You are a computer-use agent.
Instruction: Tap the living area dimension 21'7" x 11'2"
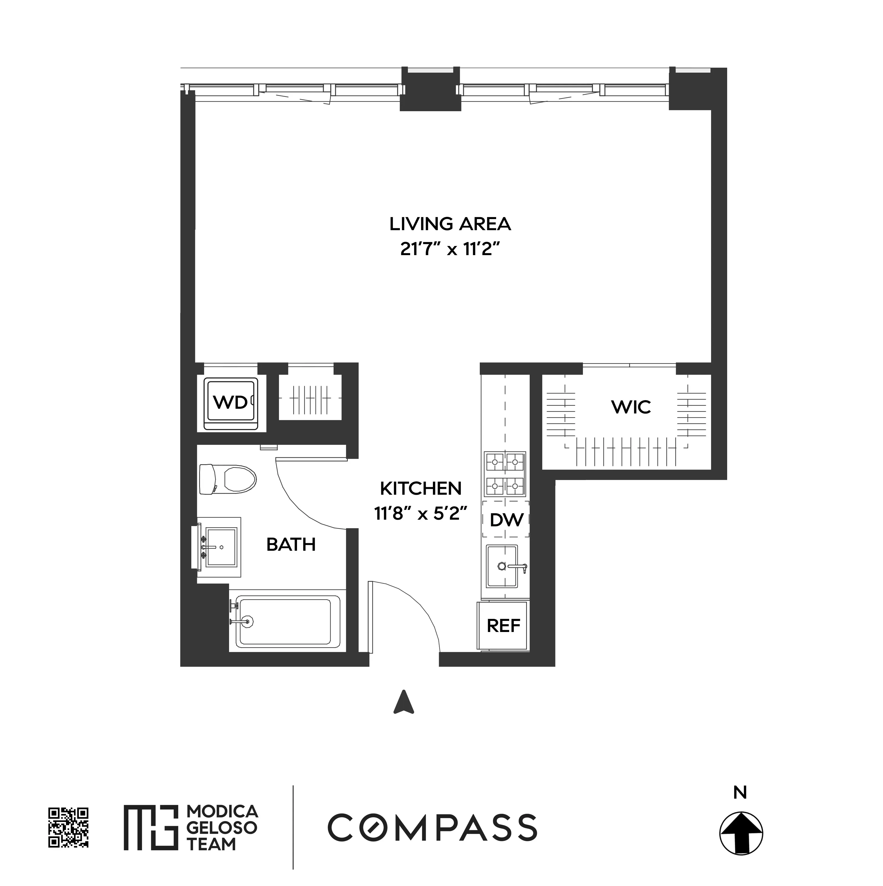point(450,250)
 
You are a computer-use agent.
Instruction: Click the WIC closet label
point(631,407)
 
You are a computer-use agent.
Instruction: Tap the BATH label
point(291,544)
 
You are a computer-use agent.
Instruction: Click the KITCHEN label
point(421,488)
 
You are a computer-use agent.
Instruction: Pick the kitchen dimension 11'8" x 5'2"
point(421,514)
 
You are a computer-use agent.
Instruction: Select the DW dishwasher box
point(506,520)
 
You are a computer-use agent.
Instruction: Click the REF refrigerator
point(503,626)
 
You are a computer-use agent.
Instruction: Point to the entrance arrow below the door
point(404,702)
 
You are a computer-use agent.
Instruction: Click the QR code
point(68,827)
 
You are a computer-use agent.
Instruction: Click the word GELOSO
point(222,827)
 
